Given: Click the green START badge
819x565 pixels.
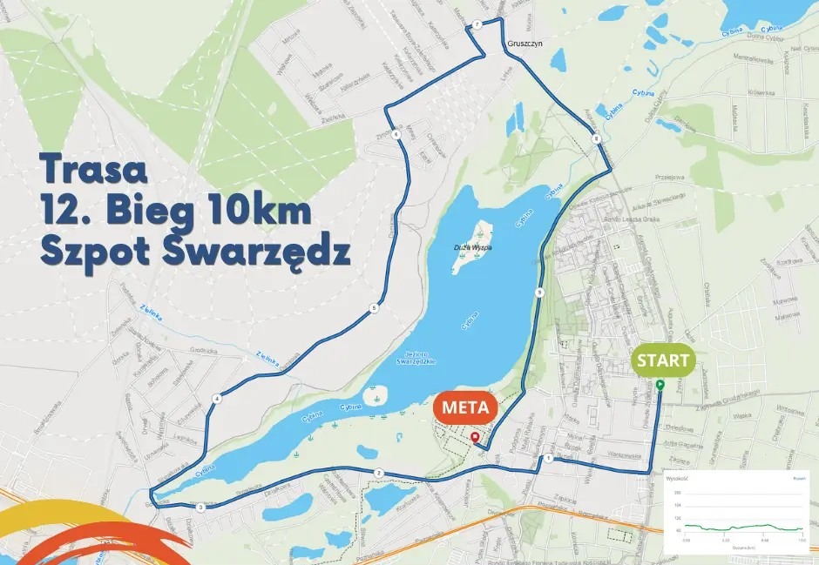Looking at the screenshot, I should point(664,360).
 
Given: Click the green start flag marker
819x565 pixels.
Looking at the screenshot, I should point(660,384).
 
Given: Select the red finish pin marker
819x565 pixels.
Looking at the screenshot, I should point(474,437).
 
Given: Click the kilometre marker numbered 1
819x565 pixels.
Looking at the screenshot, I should point(549,458).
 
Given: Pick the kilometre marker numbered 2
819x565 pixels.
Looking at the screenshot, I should point(378,472).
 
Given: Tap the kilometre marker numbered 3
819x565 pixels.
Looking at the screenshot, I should point(200,507).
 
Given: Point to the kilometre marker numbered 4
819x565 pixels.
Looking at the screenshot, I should point(214,399).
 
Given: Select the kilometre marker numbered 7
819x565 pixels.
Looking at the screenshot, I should point(477,24).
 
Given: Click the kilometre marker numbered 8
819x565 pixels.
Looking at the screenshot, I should point(595,138).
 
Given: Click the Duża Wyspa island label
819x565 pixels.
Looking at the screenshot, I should point(473,247).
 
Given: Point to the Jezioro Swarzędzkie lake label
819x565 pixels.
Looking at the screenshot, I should point(416,359).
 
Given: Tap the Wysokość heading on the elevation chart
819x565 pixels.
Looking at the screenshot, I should point(677,478).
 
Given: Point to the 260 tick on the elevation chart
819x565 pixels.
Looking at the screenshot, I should point(677,493).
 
